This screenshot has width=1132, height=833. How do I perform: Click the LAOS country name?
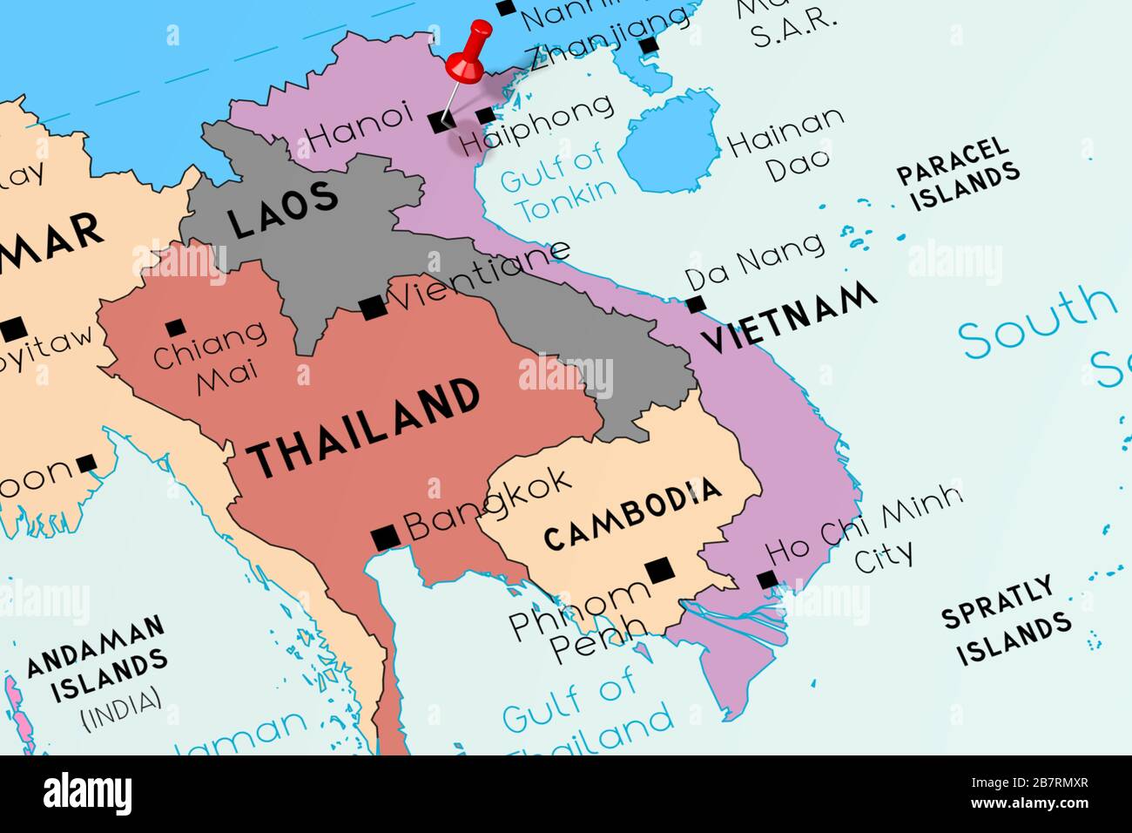283,210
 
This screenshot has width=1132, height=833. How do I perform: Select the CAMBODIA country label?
632,513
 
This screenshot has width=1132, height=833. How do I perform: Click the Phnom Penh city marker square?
660,571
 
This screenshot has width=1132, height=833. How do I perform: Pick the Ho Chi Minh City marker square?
767,580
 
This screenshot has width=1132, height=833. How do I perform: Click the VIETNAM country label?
789,317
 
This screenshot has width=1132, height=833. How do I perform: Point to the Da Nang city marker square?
695,304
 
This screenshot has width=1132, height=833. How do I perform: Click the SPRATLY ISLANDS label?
1006,620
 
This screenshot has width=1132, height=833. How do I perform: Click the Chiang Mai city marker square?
175,328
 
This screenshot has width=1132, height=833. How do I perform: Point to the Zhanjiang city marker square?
648,46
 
